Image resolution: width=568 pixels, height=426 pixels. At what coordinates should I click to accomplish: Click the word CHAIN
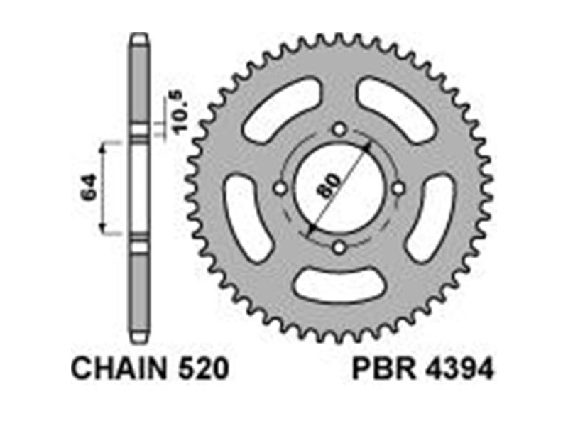tap(119, 368)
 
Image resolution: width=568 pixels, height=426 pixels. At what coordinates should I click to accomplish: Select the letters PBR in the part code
tap(384, 368)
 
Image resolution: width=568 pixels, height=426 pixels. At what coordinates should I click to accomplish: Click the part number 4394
tap(459, 368)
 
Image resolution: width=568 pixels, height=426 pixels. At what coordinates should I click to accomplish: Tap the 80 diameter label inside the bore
tap(329, 185)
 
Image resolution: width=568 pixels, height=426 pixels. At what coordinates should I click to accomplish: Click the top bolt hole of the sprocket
tap(339, 129)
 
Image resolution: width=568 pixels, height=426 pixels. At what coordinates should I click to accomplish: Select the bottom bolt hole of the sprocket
tap(339, 248)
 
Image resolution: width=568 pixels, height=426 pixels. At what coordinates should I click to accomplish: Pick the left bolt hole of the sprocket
tap(280, 189)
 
